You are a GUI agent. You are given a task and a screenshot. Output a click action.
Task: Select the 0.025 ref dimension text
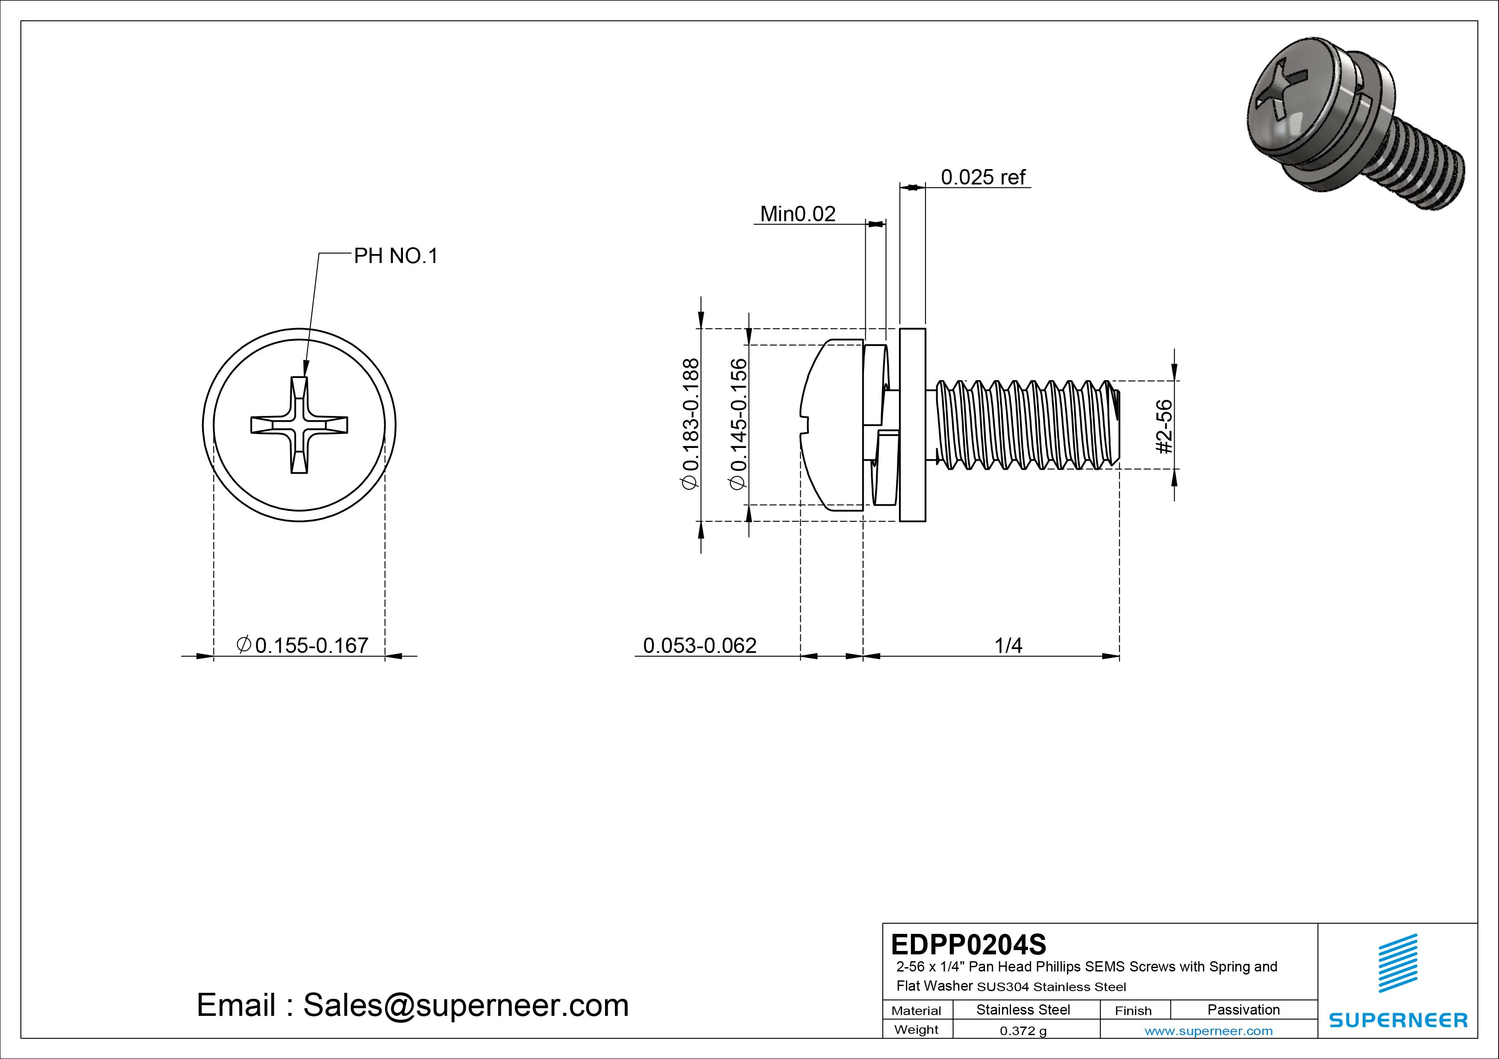coord(982,177)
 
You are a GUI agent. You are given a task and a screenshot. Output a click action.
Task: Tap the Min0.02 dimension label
coord(797,214)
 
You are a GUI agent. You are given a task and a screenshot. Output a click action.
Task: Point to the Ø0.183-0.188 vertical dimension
coord(690,424)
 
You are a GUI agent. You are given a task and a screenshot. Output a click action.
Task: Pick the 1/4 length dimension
coord(1008,645)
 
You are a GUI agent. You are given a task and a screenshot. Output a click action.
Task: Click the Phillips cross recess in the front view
coord(299,425)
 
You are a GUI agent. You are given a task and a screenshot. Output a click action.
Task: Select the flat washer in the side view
coord(912,425)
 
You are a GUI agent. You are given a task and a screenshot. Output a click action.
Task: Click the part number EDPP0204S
coord(968,944)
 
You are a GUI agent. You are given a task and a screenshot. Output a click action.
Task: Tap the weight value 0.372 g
coord(1023,1031)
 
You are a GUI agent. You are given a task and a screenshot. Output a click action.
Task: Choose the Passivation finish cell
coord(1243,1010)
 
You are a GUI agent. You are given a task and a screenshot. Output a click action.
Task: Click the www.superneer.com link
coord(1208,1031)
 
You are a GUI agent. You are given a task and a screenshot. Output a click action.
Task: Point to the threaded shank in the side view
coord(1025,425)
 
